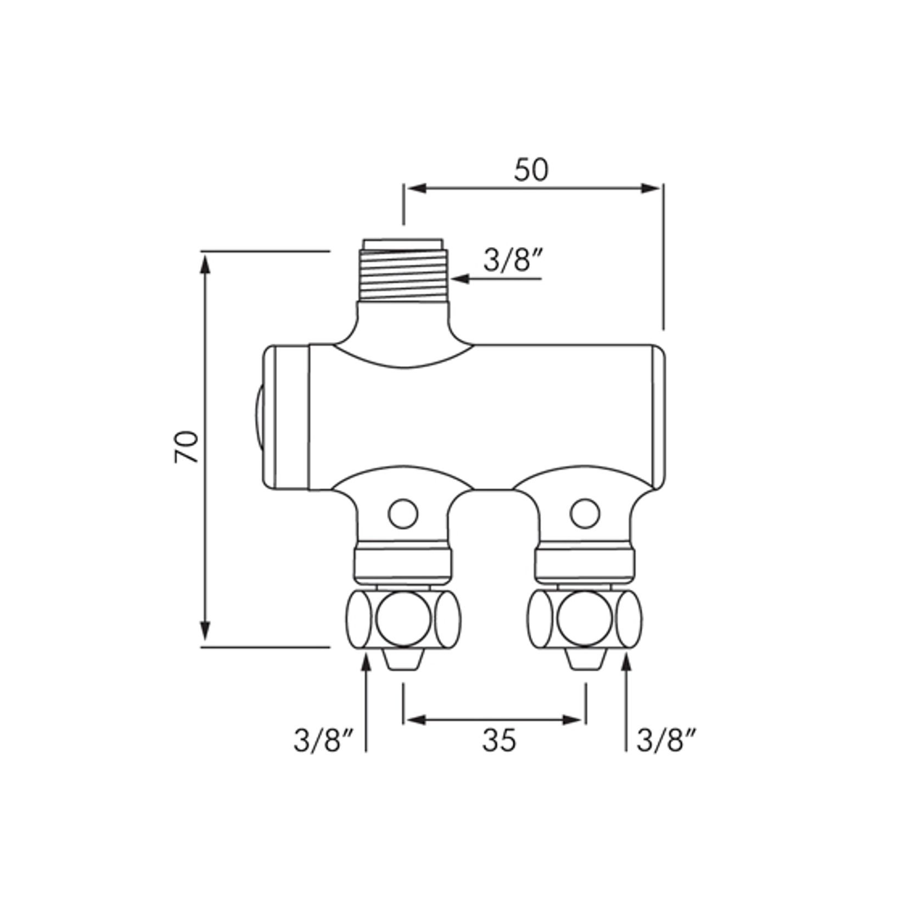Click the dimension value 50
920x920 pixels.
pyautogui.click(x=530, y=170)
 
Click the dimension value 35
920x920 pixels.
pyautogui.click(x=499, y=741)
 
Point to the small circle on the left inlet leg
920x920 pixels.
pyautogui.click(x=403, y=514)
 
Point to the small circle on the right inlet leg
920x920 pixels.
pyautogui.click(x=585, y=514)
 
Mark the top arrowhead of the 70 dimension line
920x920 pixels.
pyautogui.click(x=205, y=263)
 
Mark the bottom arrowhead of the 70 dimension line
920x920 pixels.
pyautogui.click(x=205, y=634)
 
